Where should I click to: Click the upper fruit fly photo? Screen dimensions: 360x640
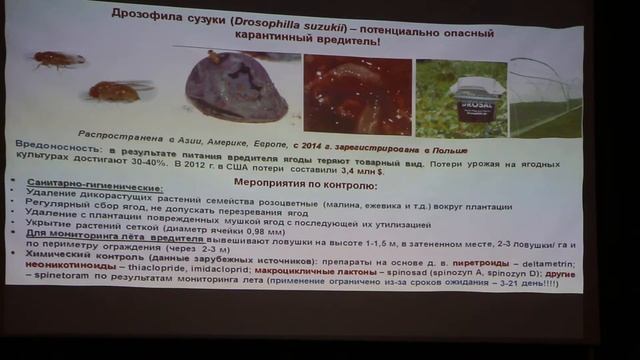click(58, 60)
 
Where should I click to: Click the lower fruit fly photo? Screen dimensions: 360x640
click(112, 91)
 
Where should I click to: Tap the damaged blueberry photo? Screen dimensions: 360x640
click(236, 89)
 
